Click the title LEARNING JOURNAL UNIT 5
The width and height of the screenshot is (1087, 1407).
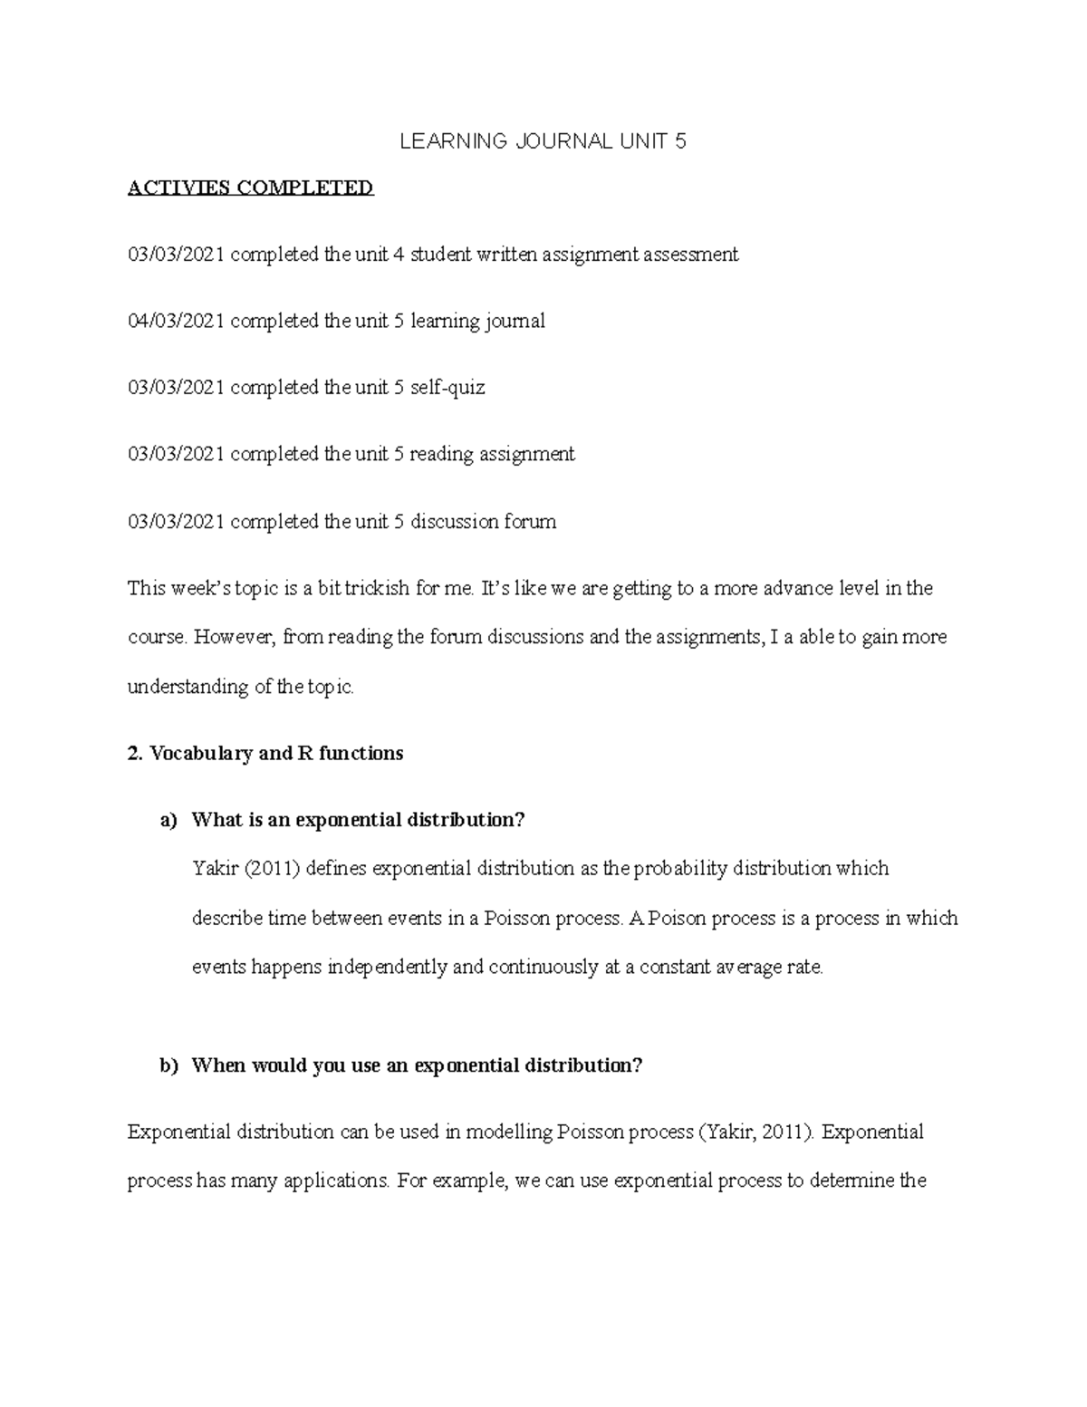[x=543, y=141]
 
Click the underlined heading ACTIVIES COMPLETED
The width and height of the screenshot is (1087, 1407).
[x=250, y=188]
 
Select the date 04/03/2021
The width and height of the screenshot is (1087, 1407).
[x=176, y=321]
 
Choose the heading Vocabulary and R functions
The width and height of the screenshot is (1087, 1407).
[x=276, y=753]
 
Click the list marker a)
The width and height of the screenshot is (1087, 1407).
[x=168, y=820]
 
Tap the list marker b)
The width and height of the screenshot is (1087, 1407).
[x=169, y=1065]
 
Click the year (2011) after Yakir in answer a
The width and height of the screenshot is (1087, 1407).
[x=272, y=869]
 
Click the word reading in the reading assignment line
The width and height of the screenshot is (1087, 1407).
[x=442, y=454]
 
